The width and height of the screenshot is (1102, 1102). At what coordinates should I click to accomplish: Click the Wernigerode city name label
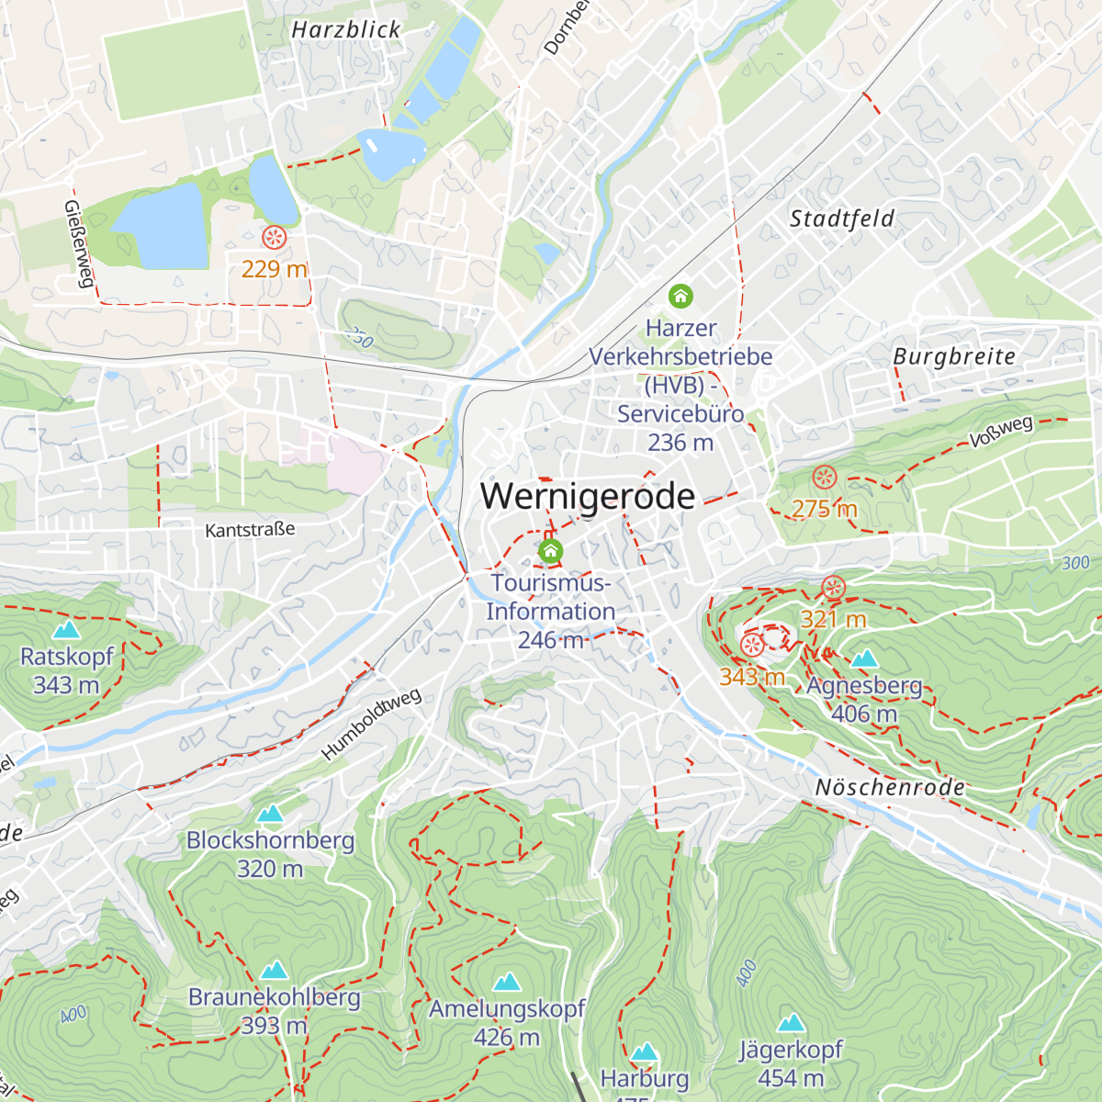(x=588, y=496)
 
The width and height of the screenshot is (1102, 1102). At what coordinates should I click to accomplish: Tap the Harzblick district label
(x=346, y=30)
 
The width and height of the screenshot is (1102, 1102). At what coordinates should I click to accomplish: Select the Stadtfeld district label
(x=841, y=219)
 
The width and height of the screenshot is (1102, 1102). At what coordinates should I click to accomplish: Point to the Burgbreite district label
(x=954, y=356)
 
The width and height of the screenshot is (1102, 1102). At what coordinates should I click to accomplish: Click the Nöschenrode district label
(x=890, y=788)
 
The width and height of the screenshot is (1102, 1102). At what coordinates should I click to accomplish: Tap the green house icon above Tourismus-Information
(x=550, y=551)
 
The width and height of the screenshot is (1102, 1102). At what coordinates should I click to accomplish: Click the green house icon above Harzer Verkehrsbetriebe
(x=680, y=296)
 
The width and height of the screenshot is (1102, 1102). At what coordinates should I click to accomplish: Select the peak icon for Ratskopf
(x=66, y=630)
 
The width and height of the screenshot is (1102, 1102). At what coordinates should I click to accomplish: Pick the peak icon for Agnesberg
(x=864, y=658)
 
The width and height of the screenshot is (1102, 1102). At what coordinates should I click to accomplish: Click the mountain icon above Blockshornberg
(x=270, y=814)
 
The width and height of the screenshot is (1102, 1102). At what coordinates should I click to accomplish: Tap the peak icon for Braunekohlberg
(x=274, y=971)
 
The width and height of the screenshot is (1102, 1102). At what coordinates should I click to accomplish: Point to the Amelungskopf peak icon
(x=507, y=983)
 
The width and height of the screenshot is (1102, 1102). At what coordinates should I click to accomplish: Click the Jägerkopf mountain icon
(x=792, y=1023)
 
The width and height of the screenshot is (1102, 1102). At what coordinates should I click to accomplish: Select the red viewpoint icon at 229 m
(x=274, y=238)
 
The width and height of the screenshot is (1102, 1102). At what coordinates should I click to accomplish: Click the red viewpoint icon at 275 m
(x=825, y=478)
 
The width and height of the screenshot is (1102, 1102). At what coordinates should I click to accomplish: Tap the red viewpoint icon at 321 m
(x=833, y=588)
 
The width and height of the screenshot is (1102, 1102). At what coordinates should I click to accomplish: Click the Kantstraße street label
(x=250, y=530)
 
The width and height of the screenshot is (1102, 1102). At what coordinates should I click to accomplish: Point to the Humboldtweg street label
(x=371, y=725)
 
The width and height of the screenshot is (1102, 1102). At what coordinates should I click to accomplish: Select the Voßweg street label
(x=1001, y=432)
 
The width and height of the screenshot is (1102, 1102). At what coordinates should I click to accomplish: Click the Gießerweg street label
(x=79, y=243)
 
